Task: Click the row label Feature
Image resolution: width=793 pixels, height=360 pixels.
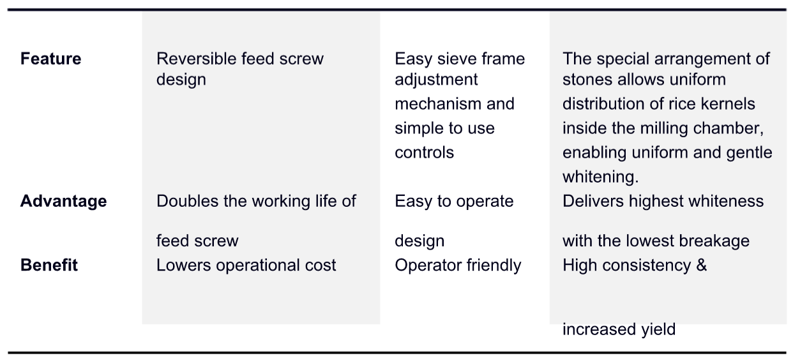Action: point(50,59)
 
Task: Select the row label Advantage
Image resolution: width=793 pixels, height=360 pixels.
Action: point(64,201)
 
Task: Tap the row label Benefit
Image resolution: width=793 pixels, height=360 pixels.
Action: point(49,265)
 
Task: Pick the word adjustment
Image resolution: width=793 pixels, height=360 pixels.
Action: point(436,80)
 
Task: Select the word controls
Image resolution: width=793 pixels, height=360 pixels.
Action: point(424,153)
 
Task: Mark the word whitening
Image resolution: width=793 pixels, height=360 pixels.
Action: point(600,177)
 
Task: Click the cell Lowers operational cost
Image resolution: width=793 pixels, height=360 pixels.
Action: point(246,266)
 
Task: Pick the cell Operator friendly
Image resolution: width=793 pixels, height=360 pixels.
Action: point(458,266)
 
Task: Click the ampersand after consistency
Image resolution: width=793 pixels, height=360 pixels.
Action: point(701,265)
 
